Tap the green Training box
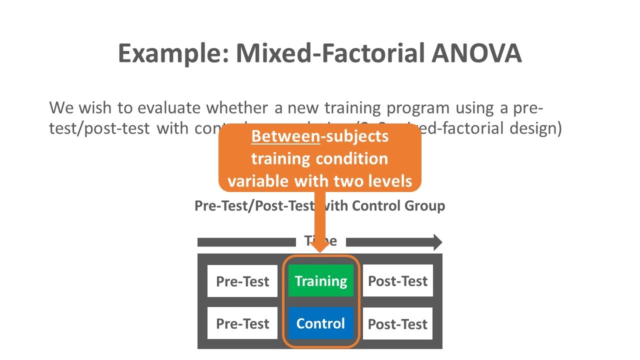[x=320, y=281]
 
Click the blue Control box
[x=320, y=323]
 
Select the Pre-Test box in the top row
[x=242, y=281]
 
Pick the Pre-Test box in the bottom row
[x=242, y=323]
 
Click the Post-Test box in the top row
[x=397, y=281]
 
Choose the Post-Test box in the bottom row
[x=397, y=323]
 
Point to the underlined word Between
[x=285, y=136]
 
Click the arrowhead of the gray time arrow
[x=437, y=242]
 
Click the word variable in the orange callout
[x=258, y=180]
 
